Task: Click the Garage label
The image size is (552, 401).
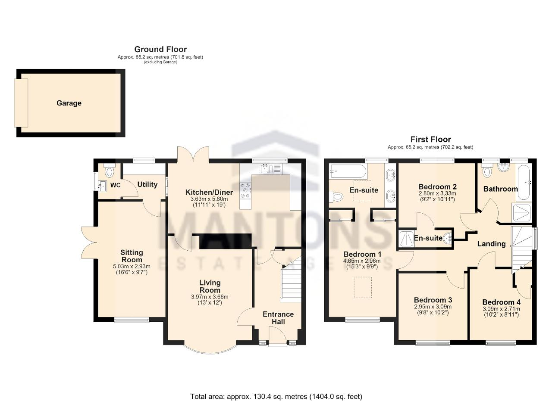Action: [69, 103]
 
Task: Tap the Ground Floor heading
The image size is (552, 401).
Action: [160, 49]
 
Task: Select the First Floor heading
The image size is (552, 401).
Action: [430, 139]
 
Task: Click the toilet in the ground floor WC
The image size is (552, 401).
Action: [110, 170]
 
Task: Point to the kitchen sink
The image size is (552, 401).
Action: [270, 169]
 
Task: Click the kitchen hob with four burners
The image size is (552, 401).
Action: [246, 190]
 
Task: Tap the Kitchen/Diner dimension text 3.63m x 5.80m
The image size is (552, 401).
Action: [209, 199]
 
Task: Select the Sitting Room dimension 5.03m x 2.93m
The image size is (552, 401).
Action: [132, 266]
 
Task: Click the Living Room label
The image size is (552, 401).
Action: [210, 286]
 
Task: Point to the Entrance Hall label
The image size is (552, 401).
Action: [278, 318]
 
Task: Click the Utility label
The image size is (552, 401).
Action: [147, 184]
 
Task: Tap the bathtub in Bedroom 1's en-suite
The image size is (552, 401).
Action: [348, 171]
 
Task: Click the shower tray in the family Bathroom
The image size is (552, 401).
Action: [521, 213]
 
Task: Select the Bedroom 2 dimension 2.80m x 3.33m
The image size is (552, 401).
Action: [437, 193]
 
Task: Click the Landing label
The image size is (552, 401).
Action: [491, 244]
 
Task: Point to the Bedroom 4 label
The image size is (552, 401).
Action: [501, 302]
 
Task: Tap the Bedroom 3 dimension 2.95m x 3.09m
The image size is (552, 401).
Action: [433, 307]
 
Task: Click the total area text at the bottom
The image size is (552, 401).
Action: [276, 390]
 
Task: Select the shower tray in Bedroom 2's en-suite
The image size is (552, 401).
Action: [406, 239]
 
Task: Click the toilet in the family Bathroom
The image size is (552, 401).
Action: [487, 171]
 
